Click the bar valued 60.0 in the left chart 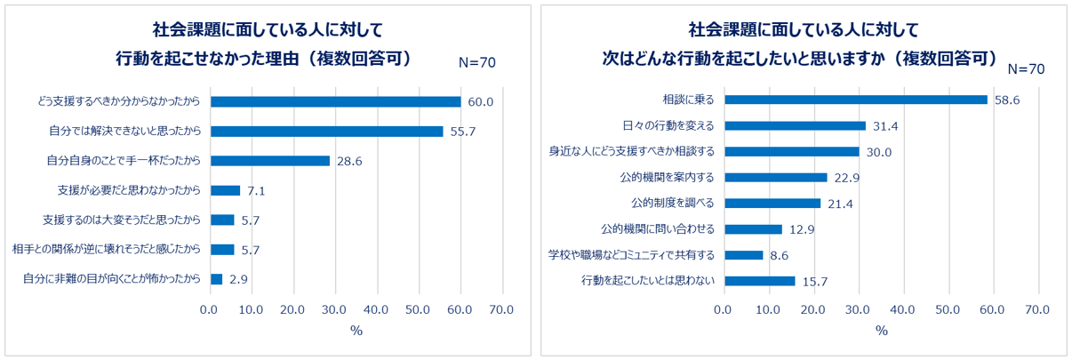coord(335,101)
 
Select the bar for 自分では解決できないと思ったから coord(326,132)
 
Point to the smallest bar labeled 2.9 coord(216,279)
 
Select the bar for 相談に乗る coord(855,100)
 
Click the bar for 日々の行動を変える coord(794,125)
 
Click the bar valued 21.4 coord(772,204)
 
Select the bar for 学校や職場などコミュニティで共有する coord(742,255)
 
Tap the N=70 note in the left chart coord(476,62)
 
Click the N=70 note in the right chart coord(1026,69)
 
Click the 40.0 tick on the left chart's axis coord(377,309)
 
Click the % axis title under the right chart coord(881,331)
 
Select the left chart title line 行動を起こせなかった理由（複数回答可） coord(264,59)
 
